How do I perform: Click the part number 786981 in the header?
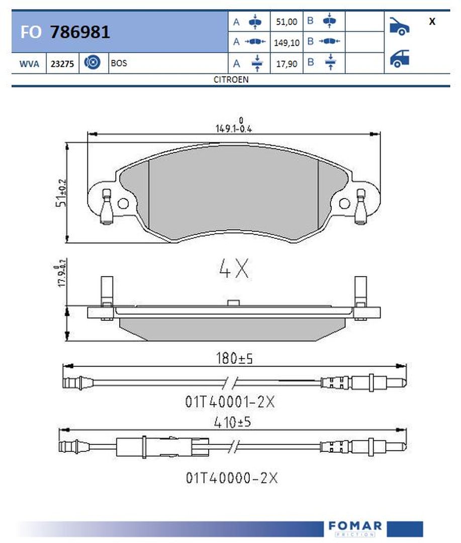pos(80,32)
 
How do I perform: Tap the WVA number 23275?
pos(62,64)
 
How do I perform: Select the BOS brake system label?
pos(119,63)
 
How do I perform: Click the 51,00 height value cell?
pos(287,22)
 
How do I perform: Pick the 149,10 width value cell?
pos(287,43)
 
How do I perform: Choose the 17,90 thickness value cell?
pos(287,64)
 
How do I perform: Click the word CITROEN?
pos(231,79)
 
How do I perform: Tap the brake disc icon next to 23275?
pos(92,62)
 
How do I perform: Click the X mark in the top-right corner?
pos(432,22)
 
